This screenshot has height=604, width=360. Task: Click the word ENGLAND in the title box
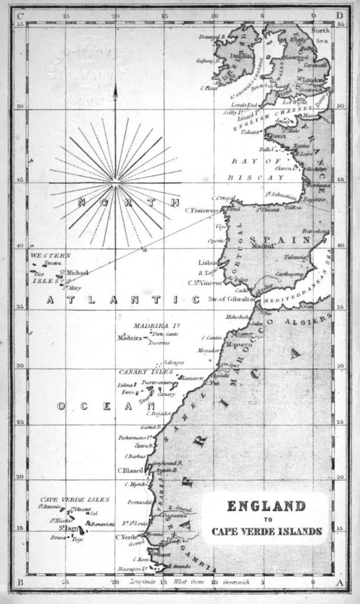click(266, 506)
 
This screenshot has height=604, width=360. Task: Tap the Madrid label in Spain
click(262, 247)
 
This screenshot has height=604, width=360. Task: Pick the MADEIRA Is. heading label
click(156, 326)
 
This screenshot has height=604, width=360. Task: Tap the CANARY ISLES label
click(146, 372)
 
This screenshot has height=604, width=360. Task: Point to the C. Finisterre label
click(202, 209)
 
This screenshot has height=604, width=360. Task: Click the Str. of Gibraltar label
click(231, 299)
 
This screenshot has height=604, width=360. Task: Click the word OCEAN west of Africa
click(106, 406)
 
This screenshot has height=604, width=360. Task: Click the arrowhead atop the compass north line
click(115, 88)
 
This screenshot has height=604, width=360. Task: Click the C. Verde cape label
click(126, 537)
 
